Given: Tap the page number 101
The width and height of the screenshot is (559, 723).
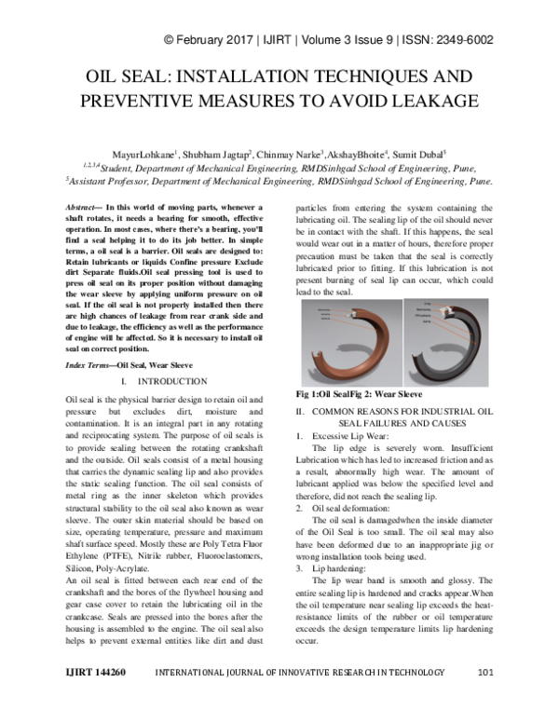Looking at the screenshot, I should coord(484,697).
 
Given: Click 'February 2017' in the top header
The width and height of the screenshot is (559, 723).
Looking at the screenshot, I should coord(216,40).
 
